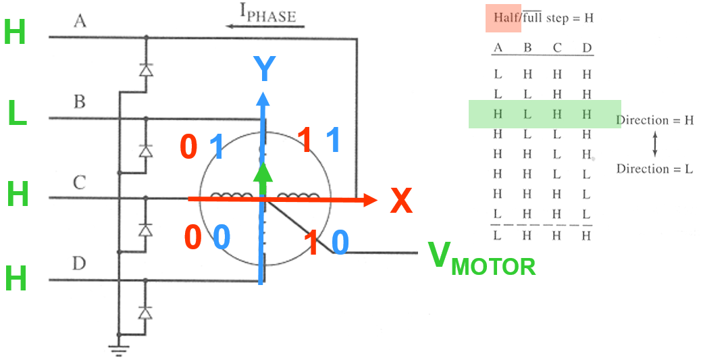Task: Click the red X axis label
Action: (x=401, y=201)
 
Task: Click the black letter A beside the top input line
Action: (x=80, y=22)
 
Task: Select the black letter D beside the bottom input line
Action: (x=79, y=263)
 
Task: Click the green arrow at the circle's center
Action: (x=265, y=177)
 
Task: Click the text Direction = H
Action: (x=655, y=120)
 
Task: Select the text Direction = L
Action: (x=654, y=169)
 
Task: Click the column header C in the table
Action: (x=556, y=48)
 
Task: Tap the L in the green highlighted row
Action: (x=527, y=115)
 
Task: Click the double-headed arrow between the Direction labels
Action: (x=654, y=145)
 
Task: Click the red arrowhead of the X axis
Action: (x=369, y=199)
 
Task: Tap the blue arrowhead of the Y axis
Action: (x=262, y=96)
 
